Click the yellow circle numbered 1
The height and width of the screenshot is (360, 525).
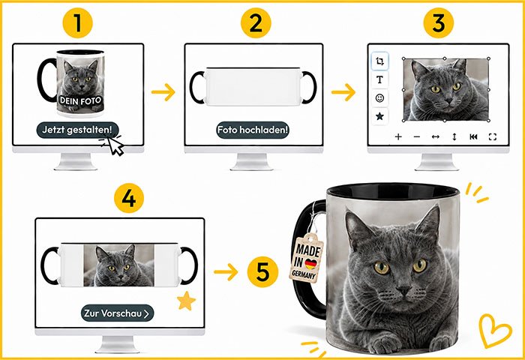tap(78, 22)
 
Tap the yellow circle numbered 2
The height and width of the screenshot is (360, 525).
tap(256, 22)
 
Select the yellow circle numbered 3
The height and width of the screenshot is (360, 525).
tap(439, 22)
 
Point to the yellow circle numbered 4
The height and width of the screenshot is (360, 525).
tap(129, 198)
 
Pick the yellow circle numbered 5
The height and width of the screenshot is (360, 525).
tap(262, 271)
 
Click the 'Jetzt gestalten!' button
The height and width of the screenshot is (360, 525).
tap(78, 130)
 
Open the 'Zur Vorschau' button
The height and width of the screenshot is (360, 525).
tap(117, 313)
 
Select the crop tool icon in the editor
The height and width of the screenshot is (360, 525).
tap(379, 61)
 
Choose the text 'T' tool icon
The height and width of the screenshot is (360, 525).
tap(379, 79)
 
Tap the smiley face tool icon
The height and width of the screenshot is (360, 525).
tap(379, 98)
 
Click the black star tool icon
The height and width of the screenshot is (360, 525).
tap(379, 116)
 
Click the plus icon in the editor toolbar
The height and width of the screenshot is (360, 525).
tap(398, 136)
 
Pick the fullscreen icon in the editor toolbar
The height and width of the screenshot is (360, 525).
tap(493, 136)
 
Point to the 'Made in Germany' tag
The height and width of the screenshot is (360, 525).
tap(306, 258)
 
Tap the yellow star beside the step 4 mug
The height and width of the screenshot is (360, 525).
tap(186, 301)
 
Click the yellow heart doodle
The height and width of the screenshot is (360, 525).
tap(494, 331)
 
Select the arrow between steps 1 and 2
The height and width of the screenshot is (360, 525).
tap(163, 92)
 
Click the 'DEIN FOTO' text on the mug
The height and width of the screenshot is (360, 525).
tap(80, 100)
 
